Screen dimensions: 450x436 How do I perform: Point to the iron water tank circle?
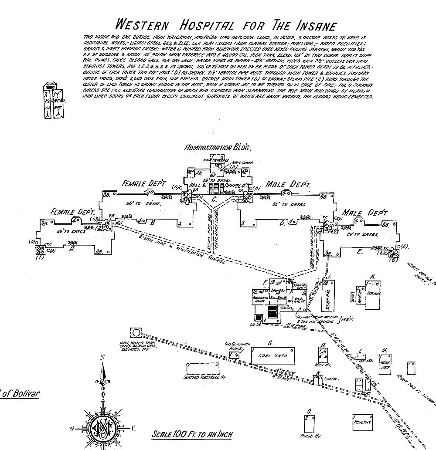tap(136, 333)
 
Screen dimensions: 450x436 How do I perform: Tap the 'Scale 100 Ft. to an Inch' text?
tap(192, 434)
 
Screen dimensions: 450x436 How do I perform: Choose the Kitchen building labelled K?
tap(374, 294)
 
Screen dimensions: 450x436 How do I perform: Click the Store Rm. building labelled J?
tap(327, 296)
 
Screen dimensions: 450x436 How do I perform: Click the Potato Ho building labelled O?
tap(310, 422)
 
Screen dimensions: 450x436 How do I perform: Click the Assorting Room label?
tap(260, 300)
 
